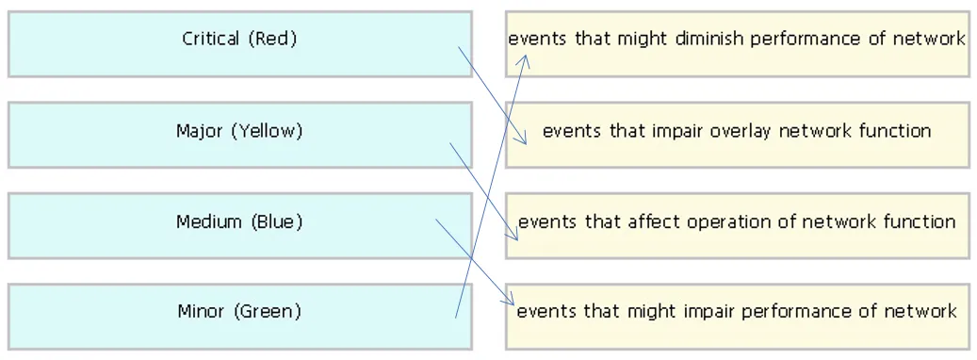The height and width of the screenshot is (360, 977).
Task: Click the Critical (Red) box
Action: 240,43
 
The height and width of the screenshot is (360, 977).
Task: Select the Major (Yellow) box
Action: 240,135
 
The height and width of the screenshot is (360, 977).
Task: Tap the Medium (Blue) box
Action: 240,226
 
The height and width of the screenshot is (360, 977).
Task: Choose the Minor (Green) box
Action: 240,317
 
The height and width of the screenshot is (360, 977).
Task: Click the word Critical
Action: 211,39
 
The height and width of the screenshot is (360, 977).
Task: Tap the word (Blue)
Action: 277,222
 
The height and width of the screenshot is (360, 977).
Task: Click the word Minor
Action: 201,311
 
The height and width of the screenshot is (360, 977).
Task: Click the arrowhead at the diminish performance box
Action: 525,59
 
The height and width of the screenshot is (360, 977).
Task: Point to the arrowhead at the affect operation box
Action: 513,234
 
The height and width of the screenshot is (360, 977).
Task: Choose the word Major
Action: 200,132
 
